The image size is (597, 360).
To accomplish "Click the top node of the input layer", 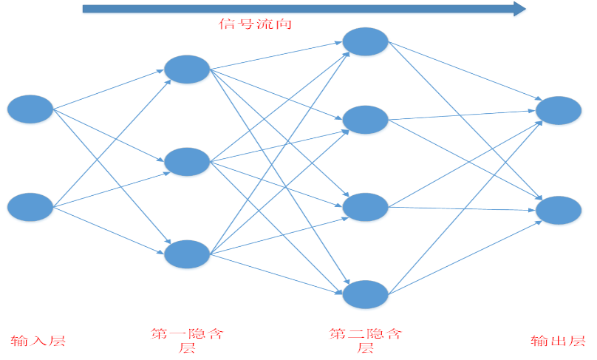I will point(30,109).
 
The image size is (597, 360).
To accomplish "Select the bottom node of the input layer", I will point(30,206).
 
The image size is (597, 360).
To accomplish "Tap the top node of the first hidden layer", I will point(187,69).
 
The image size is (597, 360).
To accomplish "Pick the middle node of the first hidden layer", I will point(187,162).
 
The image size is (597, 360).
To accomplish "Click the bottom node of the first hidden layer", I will point(187,254).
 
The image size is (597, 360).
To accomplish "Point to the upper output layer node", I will point(559,110).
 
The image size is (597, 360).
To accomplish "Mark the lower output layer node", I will point(559,210).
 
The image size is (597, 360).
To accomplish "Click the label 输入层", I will point(38,341).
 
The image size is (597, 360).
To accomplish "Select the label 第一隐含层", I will point(187,341).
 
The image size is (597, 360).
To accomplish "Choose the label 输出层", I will point(559,341).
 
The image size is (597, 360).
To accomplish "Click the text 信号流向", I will point(256,24).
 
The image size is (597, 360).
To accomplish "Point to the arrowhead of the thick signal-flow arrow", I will point(519,9).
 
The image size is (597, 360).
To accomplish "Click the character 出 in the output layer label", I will point(559,341).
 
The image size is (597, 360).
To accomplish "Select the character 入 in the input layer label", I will point(38,341).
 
